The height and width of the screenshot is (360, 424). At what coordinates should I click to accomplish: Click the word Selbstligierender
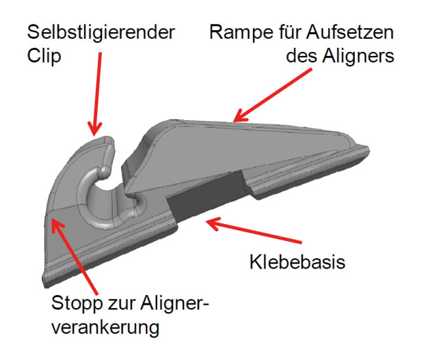coord(101,32)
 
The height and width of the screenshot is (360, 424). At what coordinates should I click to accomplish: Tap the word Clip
coord(44,56)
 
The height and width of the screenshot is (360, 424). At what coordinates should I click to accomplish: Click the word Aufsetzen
coord(350,32)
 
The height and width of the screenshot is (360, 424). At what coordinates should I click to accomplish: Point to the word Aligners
coord(358,56)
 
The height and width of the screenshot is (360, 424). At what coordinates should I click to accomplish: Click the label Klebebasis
coord(297,262)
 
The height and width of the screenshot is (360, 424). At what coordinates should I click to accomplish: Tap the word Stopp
coord(77,303)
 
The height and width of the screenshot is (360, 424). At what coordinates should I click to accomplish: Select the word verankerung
coord(105,328)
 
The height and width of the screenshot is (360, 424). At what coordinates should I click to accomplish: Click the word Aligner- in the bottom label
coord(174,303)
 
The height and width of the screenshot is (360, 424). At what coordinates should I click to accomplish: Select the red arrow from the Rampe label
coord(272,95)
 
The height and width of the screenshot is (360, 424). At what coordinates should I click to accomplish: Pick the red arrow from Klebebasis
coord(253,231)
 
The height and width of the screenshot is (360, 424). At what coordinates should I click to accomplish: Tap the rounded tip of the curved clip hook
coord(109,141)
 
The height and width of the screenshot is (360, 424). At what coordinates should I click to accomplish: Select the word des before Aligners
coord(302,56)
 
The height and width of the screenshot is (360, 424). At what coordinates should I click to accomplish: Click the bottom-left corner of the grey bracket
coord(44,286)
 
